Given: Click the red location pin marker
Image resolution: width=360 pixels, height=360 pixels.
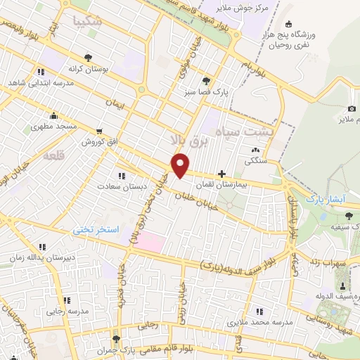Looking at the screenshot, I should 181,165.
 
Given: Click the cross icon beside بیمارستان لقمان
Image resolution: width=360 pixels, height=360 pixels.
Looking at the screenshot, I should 222,173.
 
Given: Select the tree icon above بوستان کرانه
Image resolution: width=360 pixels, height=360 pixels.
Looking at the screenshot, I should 87,58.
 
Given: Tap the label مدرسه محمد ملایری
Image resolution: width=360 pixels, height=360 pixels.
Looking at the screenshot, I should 259,322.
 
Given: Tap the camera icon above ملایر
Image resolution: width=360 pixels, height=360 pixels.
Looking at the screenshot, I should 352,109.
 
